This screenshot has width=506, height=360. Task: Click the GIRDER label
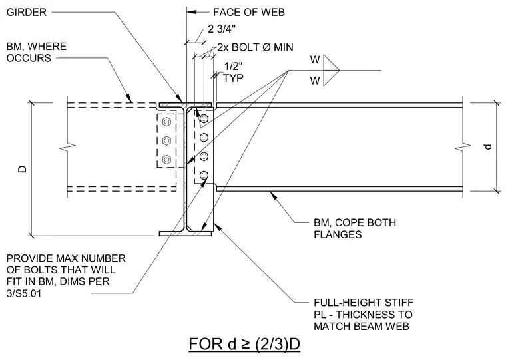pyautogui.click(x=27, y=12)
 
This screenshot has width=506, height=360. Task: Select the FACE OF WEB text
pyautogui.click(x=249, y=12)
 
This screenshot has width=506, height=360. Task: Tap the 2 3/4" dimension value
pyautogui.click(x=222, y=29)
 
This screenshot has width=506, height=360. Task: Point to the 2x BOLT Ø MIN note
pyautogui.click(x=255, y=47)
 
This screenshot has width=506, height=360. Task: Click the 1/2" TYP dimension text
pyautogui.click(x=233, y=72)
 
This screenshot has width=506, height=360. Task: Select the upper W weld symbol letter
pyautogui.click(x=315, y=60)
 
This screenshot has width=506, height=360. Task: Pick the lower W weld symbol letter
pyautogui.click(x=315, y=81)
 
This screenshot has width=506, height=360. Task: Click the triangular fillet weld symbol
pyautogui.click(x=331, y=70)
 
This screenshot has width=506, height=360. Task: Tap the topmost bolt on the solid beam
pyautogui.click(x=204, y=118)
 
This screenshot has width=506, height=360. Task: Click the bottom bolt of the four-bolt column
pyautogui.click(x=204, y=175)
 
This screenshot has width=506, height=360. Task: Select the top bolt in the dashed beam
pyautogui.click(x=166, y=122)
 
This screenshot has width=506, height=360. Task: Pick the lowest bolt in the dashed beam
pyautogui.click(x=166, y=159)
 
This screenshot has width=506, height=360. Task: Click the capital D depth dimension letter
pyautogui.click(x=22, y=169)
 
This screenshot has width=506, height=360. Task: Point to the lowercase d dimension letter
pyautogui.click(x=488, y=146)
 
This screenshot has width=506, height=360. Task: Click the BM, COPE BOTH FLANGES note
pyautogui.click(x=355, y=228)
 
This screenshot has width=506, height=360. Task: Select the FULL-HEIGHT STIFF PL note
pyautogui.click(x=364, y=315)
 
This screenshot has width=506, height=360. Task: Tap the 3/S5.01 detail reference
pyautogui.click(x=24, y=294)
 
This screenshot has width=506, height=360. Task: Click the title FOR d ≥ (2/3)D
pyautogui.click(x=244, y=344)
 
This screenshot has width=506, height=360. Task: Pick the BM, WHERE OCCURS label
pyautogui.click(x=37, y=52)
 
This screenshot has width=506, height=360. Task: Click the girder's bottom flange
pyautogui.click(x=186, y=234)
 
